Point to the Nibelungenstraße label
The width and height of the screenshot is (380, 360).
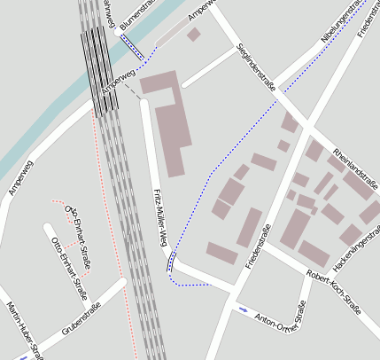pos(342,21)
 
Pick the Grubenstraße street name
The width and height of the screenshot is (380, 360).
pos(81,319)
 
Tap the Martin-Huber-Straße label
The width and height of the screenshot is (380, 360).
pos(25,331)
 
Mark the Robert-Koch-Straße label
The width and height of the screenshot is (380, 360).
pos(333,292)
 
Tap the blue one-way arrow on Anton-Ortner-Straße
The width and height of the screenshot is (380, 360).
pos(243,309)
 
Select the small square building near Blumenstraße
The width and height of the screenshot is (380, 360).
pos(193,35)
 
